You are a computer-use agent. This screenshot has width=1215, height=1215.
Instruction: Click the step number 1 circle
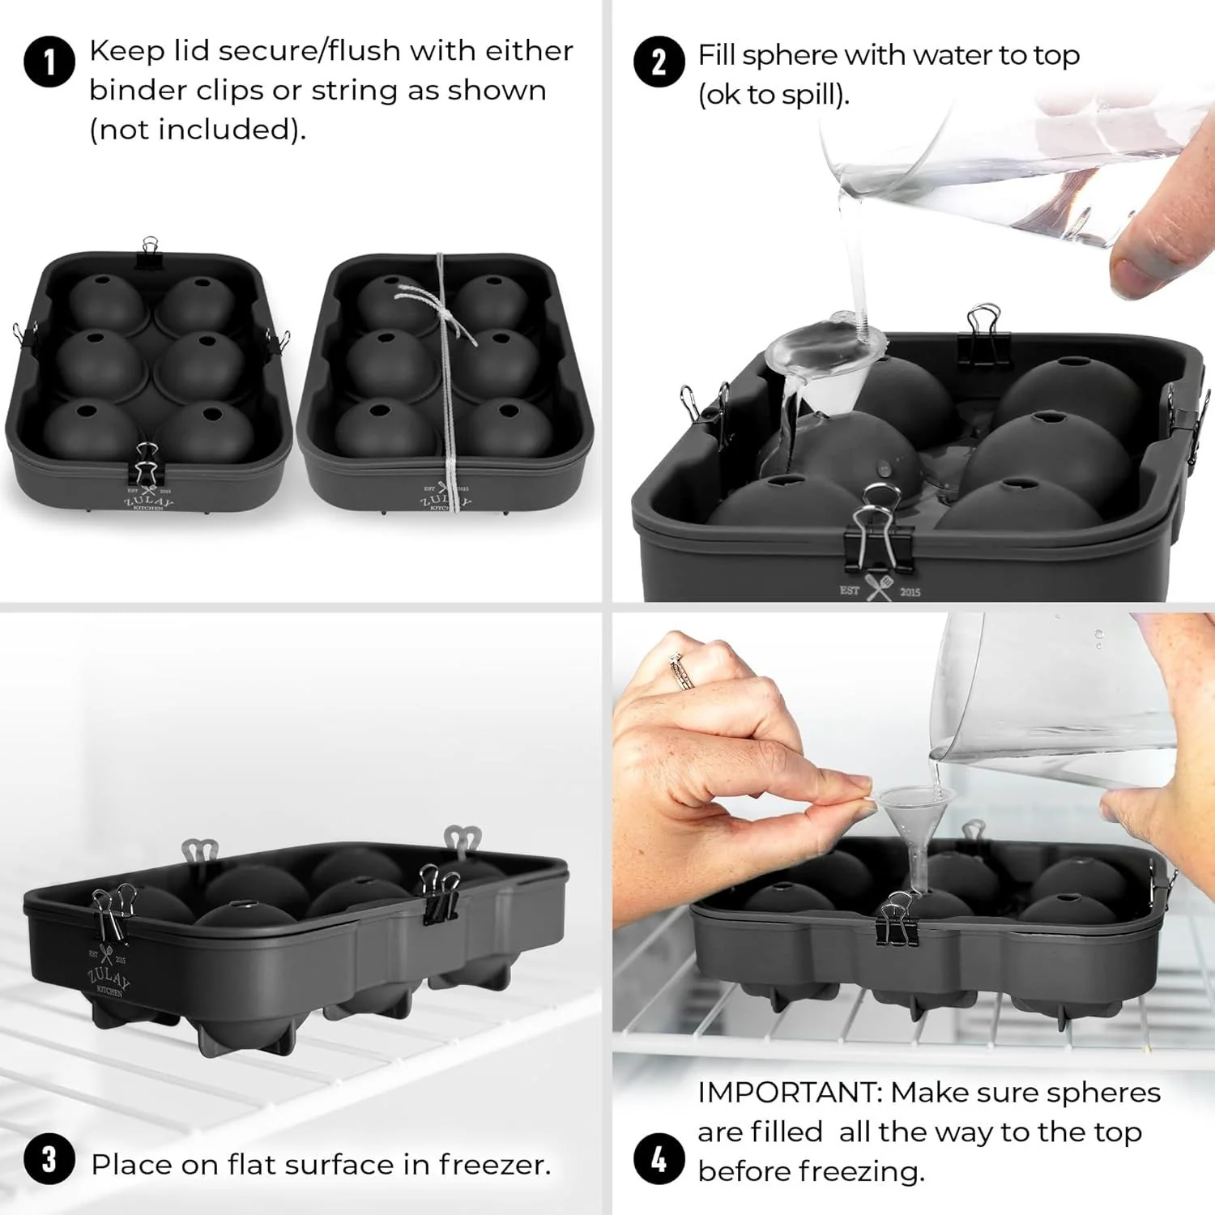(49, 62)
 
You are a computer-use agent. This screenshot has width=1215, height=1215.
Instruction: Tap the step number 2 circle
(659, 62)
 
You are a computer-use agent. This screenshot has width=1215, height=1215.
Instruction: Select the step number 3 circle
(49, 1159)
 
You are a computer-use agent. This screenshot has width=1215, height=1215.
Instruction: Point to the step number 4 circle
(659, 1159)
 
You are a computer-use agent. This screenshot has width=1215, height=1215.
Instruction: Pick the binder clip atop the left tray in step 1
(150, 253)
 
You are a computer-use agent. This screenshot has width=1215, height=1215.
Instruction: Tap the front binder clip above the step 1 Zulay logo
(147, 465)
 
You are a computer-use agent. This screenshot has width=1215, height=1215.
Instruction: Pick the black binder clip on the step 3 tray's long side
(438, 894)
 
